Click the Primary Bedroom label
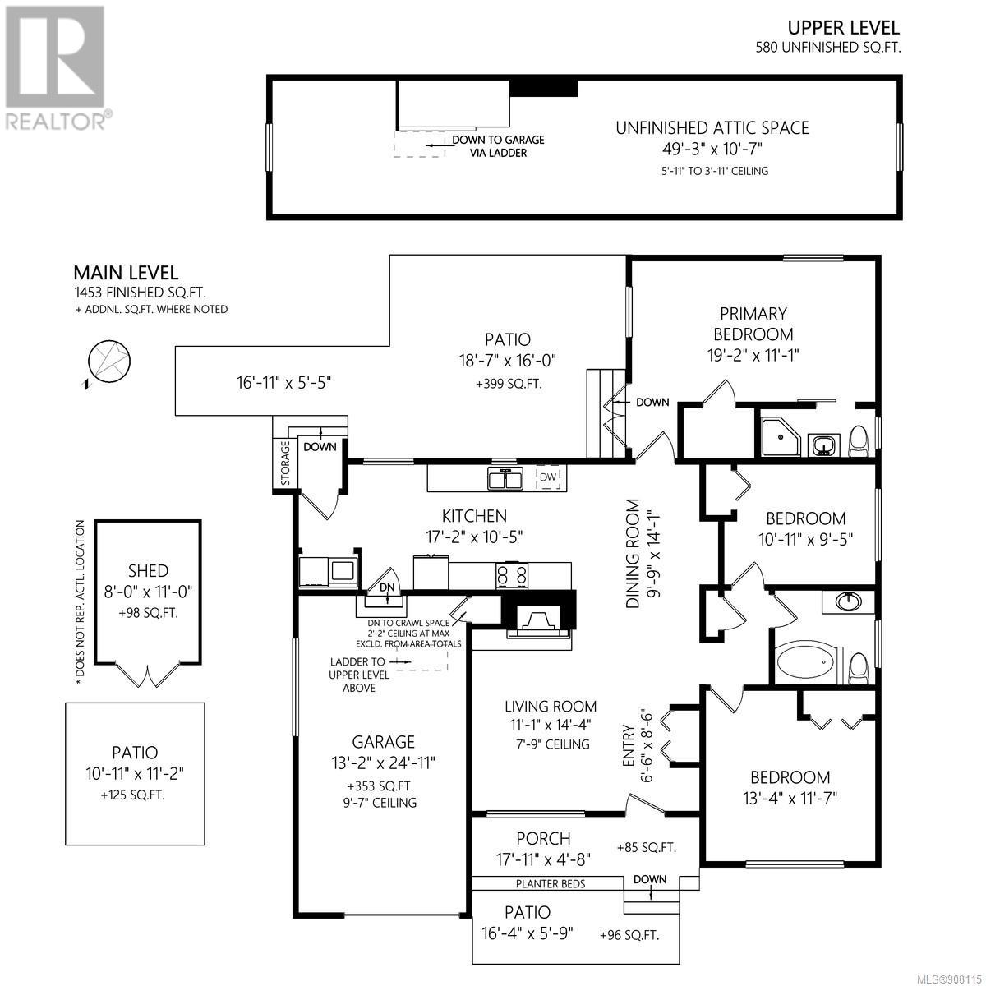tap(753, 324)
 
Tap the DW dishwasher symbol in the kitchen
tap(548, 477)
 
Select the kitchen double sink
tap(505, 478)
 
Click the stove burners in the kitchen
tap(512, 576)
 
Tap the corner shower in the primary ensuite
tap(781, 436)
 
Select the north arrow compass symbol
tap(108, 362)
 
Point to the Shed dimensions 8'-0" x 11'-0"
tap(148, 592)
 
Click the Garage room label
tap(383, 741)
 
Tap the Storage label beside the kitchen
tap(285, 463)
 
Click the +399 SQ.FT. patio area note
tap(509, 385)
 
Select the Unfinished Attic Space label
tap(712, 128)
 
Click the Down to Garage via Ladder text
tap(498, 146)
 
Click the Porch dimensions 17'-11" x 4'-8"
tap(543, 859)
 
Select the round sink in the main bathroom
tap(848, 601)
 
